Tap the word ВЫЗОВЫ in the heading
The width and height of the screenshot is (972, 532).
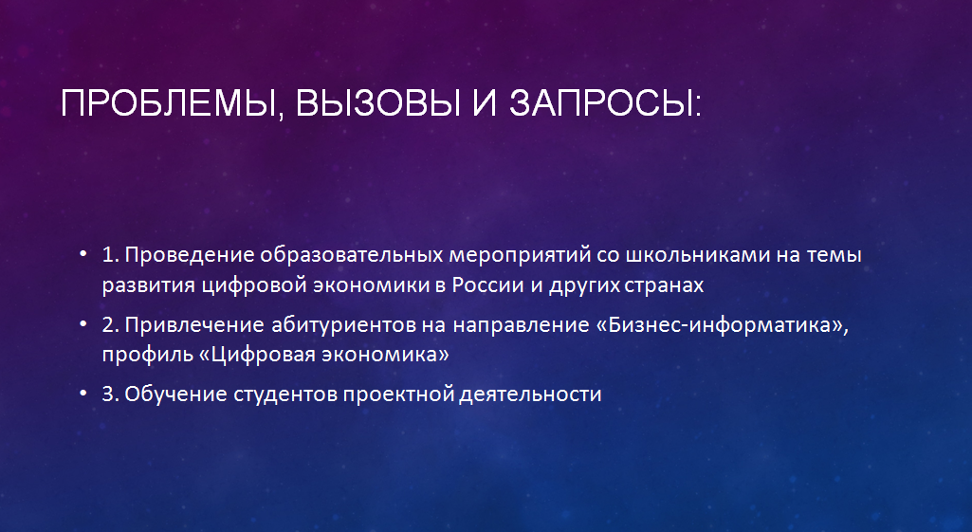point(378,103)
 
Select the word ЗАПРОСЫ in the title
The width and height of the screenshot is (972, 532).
point(604,103)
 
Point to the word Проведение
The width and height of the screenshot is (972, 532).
point(190,255)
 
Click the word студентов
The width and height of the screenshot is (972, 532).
point(285,394)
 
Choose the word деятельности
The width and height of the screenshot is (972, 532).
point(531,394)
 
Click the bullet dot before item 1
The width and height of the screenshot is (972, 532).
point(83,254)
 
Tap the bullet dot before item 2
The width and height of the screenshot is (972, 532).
point(83,324)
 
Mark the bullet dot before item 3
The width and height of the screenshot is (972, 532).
point(83,394)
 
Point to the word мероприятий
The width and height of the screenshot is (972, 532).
point(520,255)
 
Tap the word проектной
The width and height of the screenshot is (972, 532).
point(398,394)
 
